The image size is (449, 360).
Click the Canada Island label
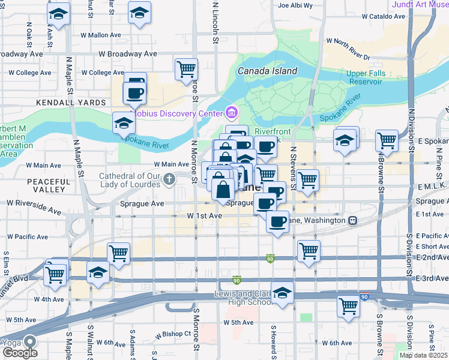[267, 71]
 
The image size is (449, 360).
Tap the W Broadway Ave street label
[128, 53]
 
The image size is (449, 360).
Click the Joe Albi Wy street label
[295, 5]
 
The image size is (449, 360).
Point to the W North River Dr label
[348, 41]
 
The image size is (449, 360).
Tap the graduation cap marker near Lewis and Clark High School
[282, 293]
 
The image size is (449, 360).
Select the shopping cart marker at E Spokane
[387, 140]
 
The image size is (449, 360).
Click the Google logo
[20, 353]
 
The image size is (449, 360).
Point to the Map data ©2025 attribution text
[423, 355]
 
